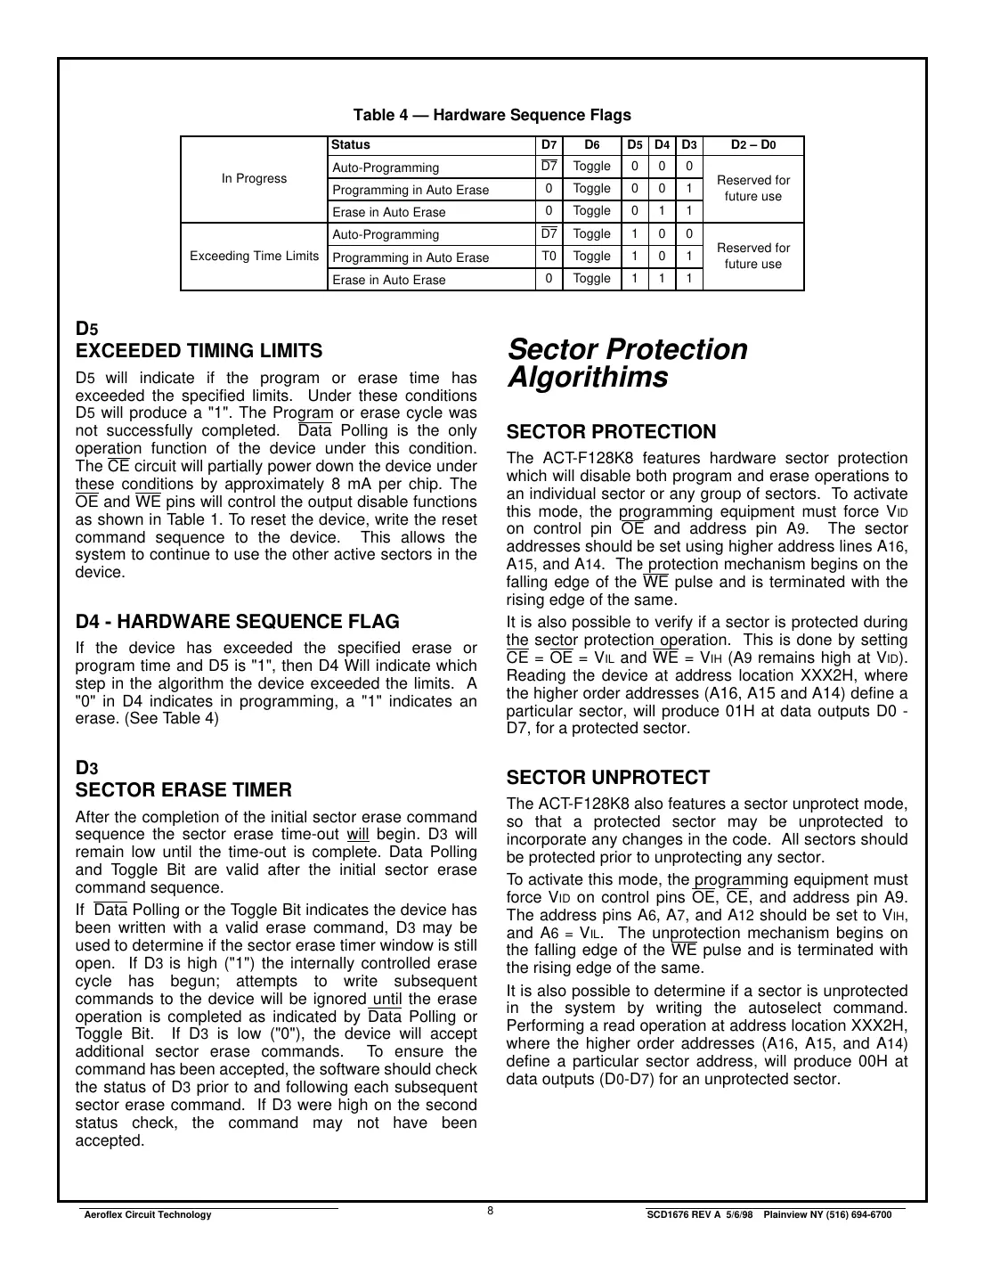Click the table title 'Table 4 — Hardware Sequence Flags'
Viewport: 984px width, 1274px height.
click(492, 115)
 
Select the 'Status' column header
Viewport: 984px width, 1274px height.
click(350, 145)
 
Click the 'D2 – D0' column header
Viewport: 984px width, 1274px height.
click(752, 145)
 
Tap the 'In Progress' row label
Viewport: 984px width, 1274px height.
click(254, 178)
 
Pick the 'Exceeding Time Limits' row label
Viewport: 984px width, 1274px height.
click(254, 257)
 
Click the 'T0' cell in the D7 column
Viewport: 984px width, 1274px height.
click(549, 257)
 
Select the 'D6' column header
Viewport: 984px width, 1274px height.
click(591, 145)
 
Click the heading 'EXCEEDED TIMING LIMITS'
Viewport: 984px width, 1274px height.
click(199, 351)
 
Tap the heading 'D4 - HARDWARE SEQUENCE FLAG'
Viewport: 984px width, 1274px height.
click(237, 622)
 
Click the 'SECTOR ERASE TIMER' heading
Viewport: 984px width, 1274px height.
click(183, 790)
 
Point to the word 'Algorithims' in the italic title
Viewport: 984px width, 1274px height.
click(587, 378)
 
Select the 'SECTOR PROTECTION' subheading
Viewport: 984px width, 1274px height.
click(611, 432)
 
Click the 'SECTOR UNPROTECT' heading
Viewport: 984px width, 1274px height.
click(607, 777)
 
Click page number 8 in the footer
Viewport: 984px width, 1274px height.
click(491, 1210)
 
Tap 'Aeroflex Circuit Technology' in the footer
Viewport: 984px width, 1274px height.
click(147, 1215)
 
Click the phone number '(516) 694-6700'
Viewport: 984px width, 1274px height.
click(860, 1215)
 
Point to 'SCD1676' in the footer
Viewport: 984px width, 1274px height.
click(666, 1215)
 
